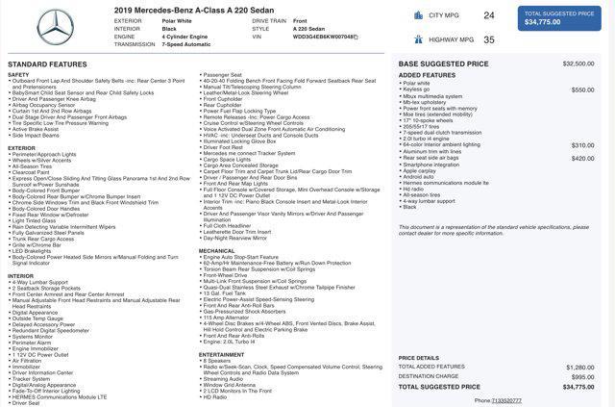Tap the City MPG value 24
click(489, 15)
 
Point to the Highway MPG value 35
click(489, 39)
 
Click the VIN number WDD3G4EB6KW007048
click(325, 37)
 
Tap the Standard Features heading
click(47, 64)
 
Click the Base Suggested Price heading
click(443, 64)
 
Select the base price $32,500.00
click(578, 64)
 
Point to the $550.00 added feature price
click(582, 89)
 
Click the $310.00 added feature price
click(582, 145)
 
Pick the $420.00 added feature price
click(582, 158)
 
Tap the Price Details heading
click(419, 358)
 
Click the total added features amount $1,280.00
click(579, 367)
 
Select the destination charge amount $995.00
click(582, 376)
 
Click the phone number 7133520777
click(506, 400)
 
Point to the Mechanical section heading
click(216, 251)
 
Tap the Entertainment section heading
click(222, 354)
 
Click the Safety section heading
click(18, 74)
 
